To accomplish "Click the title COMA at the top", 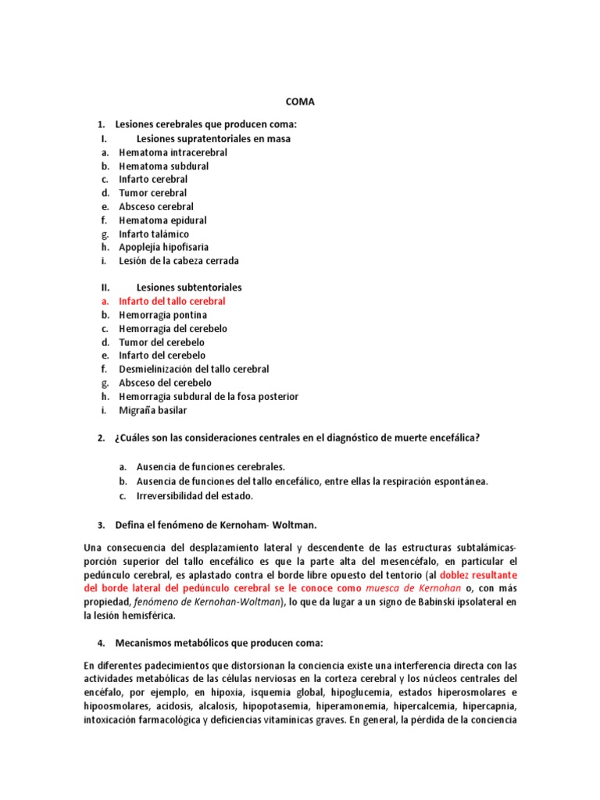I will tap(300, 102).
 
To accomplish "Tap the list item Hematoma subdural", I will tap(163, 166).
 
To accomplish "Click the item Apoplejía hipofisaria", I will tap(163, 247).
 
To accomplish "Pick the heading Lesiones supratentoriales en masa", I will tap(213, 139).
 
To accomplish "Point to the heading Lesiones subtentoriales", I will tap(189, 287).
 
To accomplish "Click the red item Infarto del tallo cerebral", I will tap(172, 301).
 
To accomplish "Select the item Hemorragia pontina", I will tap(162, 315).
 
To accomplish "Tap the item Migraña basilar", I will tap(152, 410).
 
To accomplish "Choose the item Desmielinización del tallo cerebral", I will tap(194, 369).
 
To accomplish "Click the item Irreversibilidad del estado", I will tap(195, 495).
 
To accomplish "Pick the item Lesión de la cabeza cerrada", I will tap(179, 261).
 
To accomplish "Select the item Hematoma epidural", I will tap(162, 220).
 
